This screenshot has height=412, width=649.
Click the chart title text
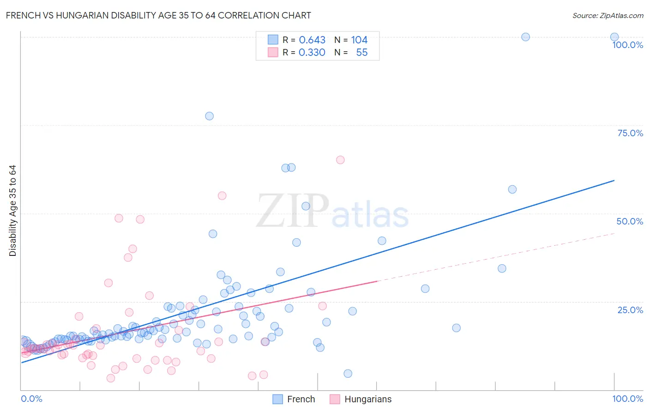click(x=158, y=15)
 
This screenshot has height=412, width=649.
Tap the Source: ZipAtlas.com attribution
click(x=607, y=15)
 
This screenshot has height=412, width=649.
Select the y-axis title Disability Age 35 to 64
click(x=12, y=211)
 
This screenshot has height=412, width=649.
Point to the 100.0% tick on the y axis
click(x=627, y=45)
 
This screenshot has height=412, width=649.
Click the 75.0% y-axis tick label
click(x=630, y=133)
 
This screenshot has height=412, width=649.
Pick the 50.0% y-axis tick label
click(x=630, y=221)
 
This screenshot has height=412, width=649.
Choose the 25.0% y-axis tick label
click(x=630, y=309)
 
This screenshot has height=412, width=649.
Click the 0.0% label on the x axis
click(x=31, y=399)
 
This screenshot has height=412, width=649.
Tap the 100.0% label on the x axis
click(x=627, y=399)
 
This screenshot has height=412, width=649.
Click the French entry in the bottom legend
click(x=294, y=399)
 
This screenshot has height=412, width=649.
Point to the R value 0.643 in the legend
click(x=312, y=40)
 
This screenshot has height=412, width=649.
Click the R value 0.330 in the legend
click(x=312, y=53)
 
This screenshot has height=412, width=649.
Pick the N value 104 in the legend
click(x=359, y=40)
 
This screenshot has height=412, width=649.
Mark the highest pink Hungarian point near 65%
click(x=340, y=160)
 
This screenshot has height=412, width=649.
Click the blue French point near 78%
click(x=209, y=116)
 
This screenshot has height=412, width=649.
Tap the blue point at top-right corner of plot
click(x=614, y=37)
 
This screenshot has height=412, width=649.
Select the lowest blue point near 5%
click(x=348, y=374)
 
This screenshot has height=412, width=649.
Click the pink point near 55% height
click(x=222, y=196)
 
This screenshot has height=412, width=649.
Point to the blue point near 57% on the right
click(x=512, y=189)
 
